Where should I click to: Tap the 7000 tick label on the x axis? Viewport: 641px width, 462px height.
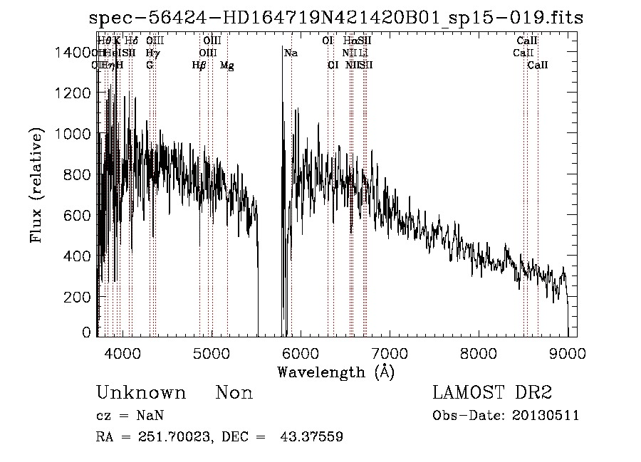click(389, 353)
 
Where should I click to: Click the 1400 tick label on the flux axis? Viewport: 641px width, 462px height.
click(75, 53)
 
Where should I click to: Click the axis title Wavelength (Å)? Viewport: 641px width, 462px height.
click(335, 372)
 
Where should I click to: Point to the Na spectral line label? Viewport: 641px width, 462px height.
click(291, 53)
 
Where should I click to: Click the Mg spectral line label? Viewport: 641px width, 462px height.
click(226, 65)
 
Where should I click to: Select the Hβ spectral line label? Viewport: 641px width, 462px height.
click(199, 65)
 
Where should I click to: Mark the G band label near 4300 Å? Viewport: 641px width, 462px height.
click(150, 65)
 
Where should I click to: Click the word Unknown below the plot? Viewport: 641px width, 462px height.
click(141, 393)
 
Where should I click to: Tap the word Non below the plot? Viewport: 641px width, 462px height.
click(234, 393)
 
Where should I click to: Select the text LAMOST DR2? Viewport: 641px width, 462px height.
click(492, 393)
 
